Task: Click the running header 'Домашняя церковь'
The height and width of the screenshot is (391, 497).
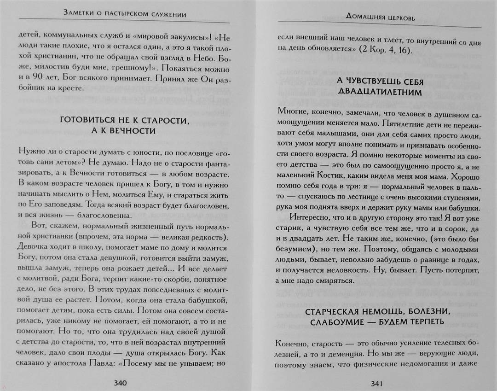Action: coord(381,19)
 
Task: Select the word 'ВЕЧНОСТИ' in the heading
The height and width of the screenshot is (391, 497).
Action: coord(133,131)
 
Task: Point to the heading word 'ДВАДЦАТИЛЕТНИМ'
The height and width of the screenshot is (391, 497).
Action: coord(380,92)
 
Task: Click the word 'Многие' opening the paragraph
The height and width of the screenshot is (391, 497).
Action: coord(290,111)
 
